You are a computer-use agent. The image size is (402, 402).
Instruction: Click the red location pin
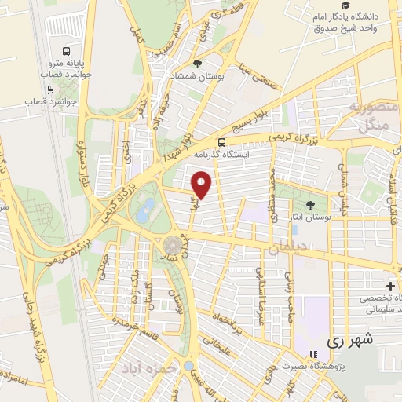point(202,185)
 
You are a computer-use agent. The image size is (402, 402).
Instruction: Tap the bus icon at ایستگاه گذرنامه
point(223,143)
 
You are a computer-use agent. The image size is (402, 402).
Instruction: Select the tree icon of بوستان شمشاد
point(197,64)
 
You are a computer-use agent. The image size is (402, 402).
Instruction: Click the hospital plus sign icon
point(390,286)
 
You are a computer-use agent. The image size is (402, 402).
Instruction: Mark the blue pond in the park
point(146,210)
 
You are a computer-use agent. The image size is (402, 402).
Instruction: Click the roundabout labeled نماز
point(171,244)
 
